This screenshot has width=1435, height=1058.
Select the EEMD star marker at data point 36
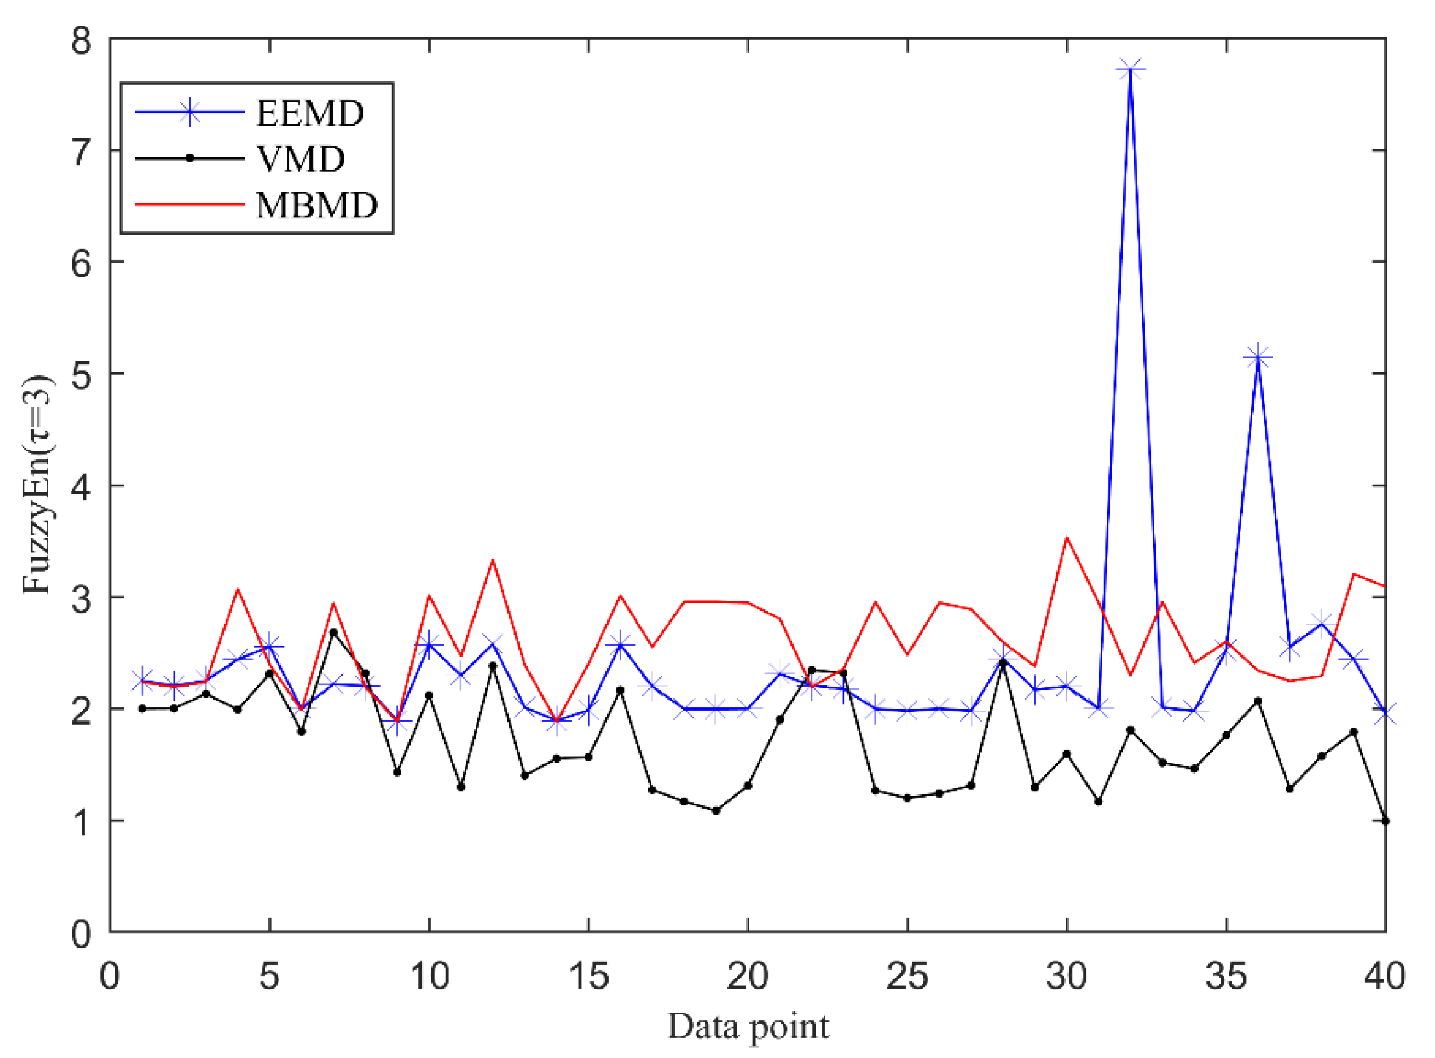click(1257, 357)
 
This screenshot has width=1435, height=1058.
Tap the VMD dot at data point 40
click(1385, 821)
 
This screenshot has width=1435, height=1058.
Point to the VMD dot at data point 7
click(333, 632)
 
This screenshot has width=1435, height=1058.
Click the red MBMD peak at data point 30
click(1067, 538)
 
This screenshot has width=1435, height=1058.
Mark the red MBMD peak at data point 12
click(492, 561)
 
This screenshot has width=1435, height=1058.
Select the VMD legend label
click(301, 159)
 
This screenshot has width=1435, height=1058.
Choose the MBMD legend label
click(317, 205)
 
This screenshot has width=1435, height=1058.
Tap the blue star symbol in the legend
click(190, 112)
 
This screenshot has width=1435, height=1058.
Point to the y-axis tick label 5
click(81, 375)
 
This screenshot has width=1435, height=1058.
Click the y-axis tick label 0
click(81, 934)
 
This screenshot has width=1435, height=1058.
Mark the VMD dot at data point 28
click(1003, 662)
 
